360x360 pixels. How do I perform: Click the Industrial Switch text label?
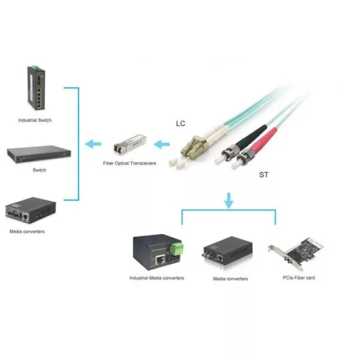click(x=35, y=120)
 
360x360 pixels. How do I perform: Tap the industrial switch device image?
click(x=36, y=88)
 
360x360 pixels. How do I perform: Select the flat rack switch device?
click(x=39, y=154)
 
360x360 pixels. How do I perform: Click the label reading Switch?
click(x=40, y=170)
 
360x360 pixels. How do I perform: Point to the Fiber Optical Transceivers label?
click(x=130, y=163)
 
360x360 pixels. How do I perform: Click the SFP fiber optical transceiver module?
click(x=130, y=143)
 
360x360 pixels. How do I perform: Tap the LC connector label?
click(x=181, y=123)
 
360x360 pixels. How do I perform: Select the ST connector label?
click(x=264, y=175)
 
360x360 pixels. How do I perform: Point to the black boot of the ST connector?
click(x=251, y=136)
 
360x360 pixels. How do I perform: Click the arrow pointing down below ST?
click(x=228, y=200)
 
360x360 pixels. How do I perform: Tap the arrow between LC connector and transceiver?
click(x=161, y=144)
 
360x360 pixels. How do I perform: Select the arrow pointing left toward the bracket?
click(x=93, y=144)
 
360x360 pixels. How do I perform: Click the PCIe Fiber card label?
click(x=299, y=278)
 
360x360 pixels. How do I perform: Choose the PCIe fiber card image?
click(x=296, y=253)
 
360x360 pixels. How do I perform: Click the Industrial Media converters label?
click(x=156, y=278)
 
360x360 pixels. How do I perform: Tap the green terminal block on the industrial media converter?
click(x=176, y=248)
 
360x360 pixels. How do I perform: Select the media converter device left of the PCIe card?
click(x=228, y=251)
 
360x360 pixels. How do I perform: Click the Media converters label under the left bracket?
click(x=27, y=231)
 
